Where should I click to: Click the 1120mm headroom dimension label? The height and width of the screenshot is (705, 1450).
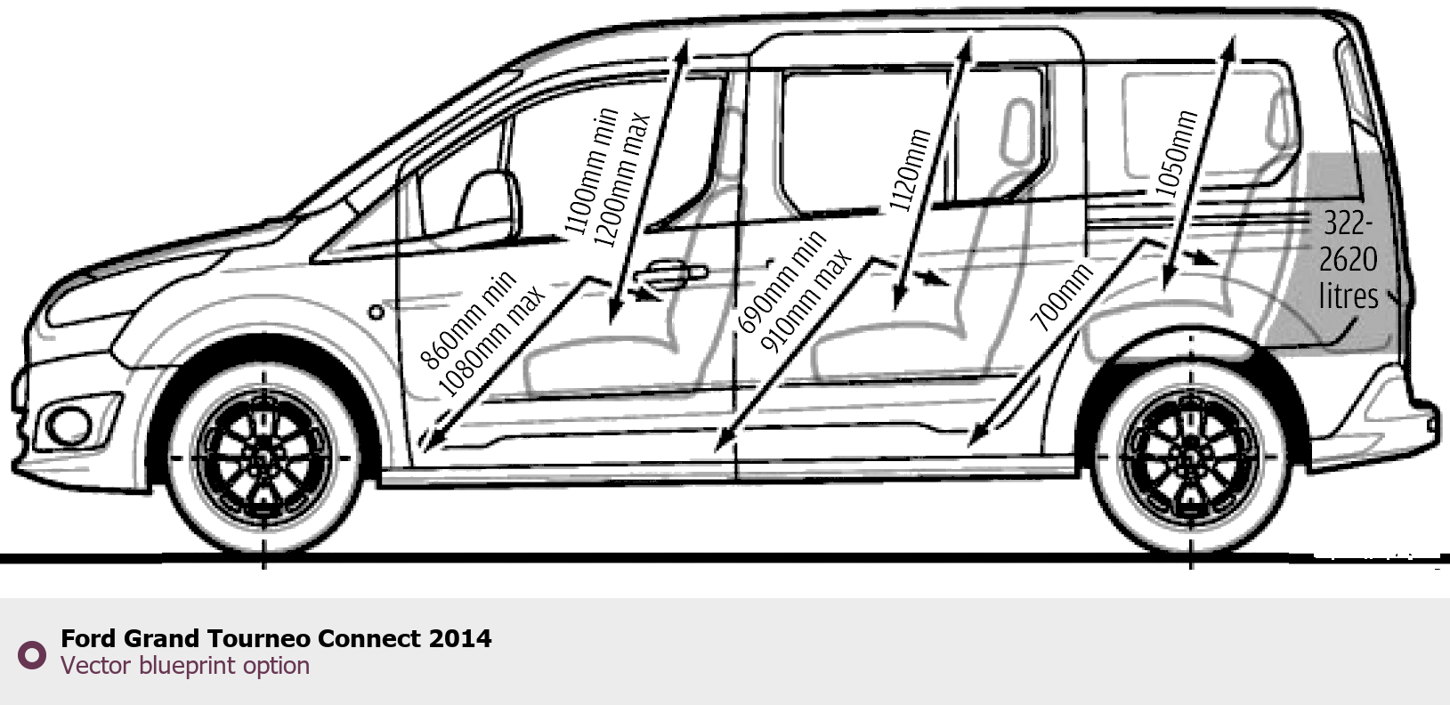click(910, 171)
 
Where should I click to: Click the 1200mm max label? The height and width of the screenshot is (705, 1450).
click(622, 179)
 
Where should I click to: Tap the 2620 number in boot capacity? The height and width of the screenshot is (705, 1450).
click(1348, 259)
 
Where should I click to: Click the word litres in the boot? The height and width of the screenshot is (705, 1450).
click(1348, 296)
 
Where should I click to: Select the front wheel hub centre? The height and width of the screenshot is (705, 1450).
click(263, 458)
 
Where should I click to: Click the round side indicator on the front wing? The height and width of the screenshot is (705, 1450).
click(377, 312)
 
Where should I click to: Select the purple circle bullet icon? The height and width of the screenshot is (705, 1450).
click(32, 655)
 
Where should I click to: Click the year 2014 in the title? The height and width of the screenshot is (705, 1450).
click(459, 638)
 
